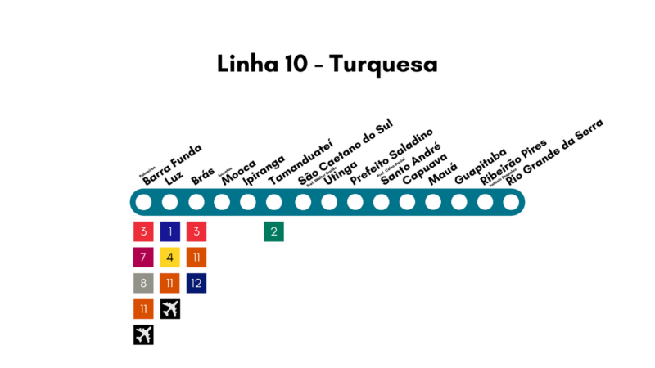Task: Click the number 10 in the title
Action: tap(292, 64)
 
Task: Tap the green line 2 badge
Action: tap(274, 231)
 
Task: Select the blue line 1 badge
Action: tap(170, 231)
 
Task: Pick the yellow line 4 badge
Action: tap(170, 258)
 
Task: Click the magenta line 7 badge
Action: tap(143, 258)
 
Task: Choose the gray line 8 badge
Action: tap(143, 283)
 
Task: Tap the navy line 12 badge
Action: tap(196, 283)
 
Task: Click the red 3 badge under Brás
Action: tap(196, 231)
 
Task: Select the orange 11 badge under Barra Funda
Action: tap(143, 309)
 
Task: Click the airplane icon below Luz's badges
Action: tap(170, 309)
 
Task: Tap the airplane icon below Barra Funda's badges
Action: tap(143, 334)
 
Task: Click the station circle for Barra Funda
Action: tap(143, 202)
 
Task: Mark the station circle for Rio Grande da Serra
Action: tap(512, 202)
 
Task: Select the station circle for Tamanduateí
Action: tap(274, 202)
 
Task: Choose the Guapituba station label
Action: tap(481, 166)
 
